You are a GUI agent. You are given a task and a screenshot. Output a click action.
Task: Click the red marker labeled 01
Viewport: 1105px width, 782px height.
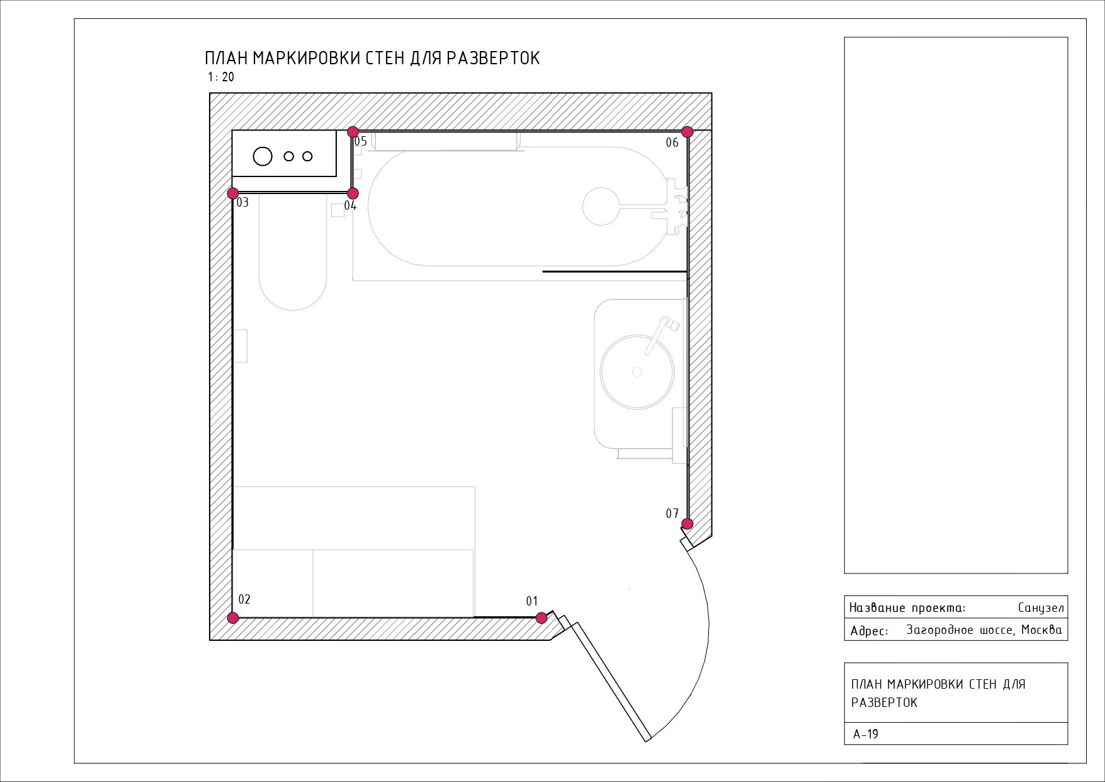tap(541, 618)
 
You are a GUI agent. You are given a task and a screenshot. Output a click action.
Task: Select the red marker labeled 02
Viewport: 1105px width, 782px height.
tap(233, 618)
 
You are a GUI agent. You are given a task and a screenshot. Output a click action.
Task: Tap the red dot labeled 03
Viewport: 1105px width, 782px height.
tap(233, 193)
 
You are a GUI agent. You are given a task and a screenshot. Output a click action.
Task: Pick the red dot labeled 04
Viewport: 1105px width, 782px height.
tap(353, 193)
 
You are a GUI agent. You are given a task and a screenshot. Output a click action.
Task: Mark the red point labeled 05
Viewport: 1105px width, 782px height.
tap(353, 132)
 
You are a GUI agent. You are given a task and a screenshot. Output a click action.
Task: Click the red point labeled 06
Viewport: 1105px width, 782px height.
tap(688, 132)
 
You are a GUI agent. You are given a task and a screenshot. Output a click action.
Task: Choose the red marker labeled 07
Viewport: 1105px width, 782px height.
tap(688, 524)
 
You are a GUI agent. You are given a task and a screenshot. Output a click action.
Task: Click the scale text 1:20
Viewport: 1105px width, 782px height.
tap(221, 78)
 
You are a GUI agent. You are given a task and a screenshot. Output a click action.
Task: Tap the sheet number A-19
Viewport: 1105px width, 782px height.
tap(866, 734)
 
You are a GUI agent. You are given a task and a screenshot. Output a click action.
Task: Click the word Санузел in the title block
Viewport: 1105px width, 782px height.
tap(1041, 608)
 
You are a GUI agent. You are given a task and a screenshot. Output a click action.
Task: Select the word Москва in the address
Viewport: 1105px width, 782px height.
tap(1041, 630)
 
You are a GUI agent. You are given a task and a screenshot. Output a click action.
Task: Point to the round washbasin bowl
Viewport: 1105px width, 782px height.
tap(637, 372)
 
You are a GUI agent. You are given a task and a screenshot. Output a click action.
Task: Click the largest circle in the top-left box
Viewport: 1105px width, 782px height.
tap(263, 156)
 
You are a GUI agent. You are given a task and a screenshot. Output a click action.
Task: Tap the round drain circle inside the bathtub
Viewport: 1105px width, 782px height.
tap(601, 206)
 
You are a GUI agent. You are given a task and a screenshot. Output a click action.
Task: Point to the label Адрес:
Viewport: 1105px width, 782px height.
tap(869, 631)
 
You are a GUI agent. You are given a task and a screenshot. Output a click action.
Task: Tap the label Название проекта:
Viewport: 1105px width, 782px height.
tap(907, 608)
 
